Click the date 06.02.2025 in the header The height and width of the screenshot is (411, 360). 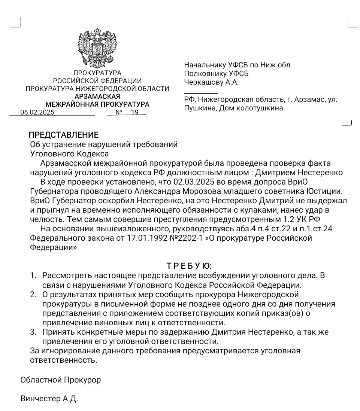coord(37,112)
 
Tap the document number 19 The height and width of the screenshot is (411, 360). coord(134,112)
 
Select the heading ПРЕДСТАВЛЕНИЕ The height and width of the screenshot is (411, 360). coord(64,135)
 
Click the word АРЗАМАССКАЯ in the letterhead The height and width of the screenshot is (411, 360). coord(97,97)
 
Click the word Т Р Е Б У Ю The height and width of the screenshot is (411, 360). coord(188,266)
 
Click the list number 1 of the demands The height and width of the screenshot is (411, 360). coord(33,276)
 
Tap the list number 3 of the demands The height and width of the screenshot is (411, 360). coord(33,332)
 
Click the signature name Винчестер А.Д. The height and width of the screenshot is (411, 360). coord(49,399)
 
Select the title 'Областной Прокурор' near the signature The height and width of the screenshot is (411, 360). coord(60,380)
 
